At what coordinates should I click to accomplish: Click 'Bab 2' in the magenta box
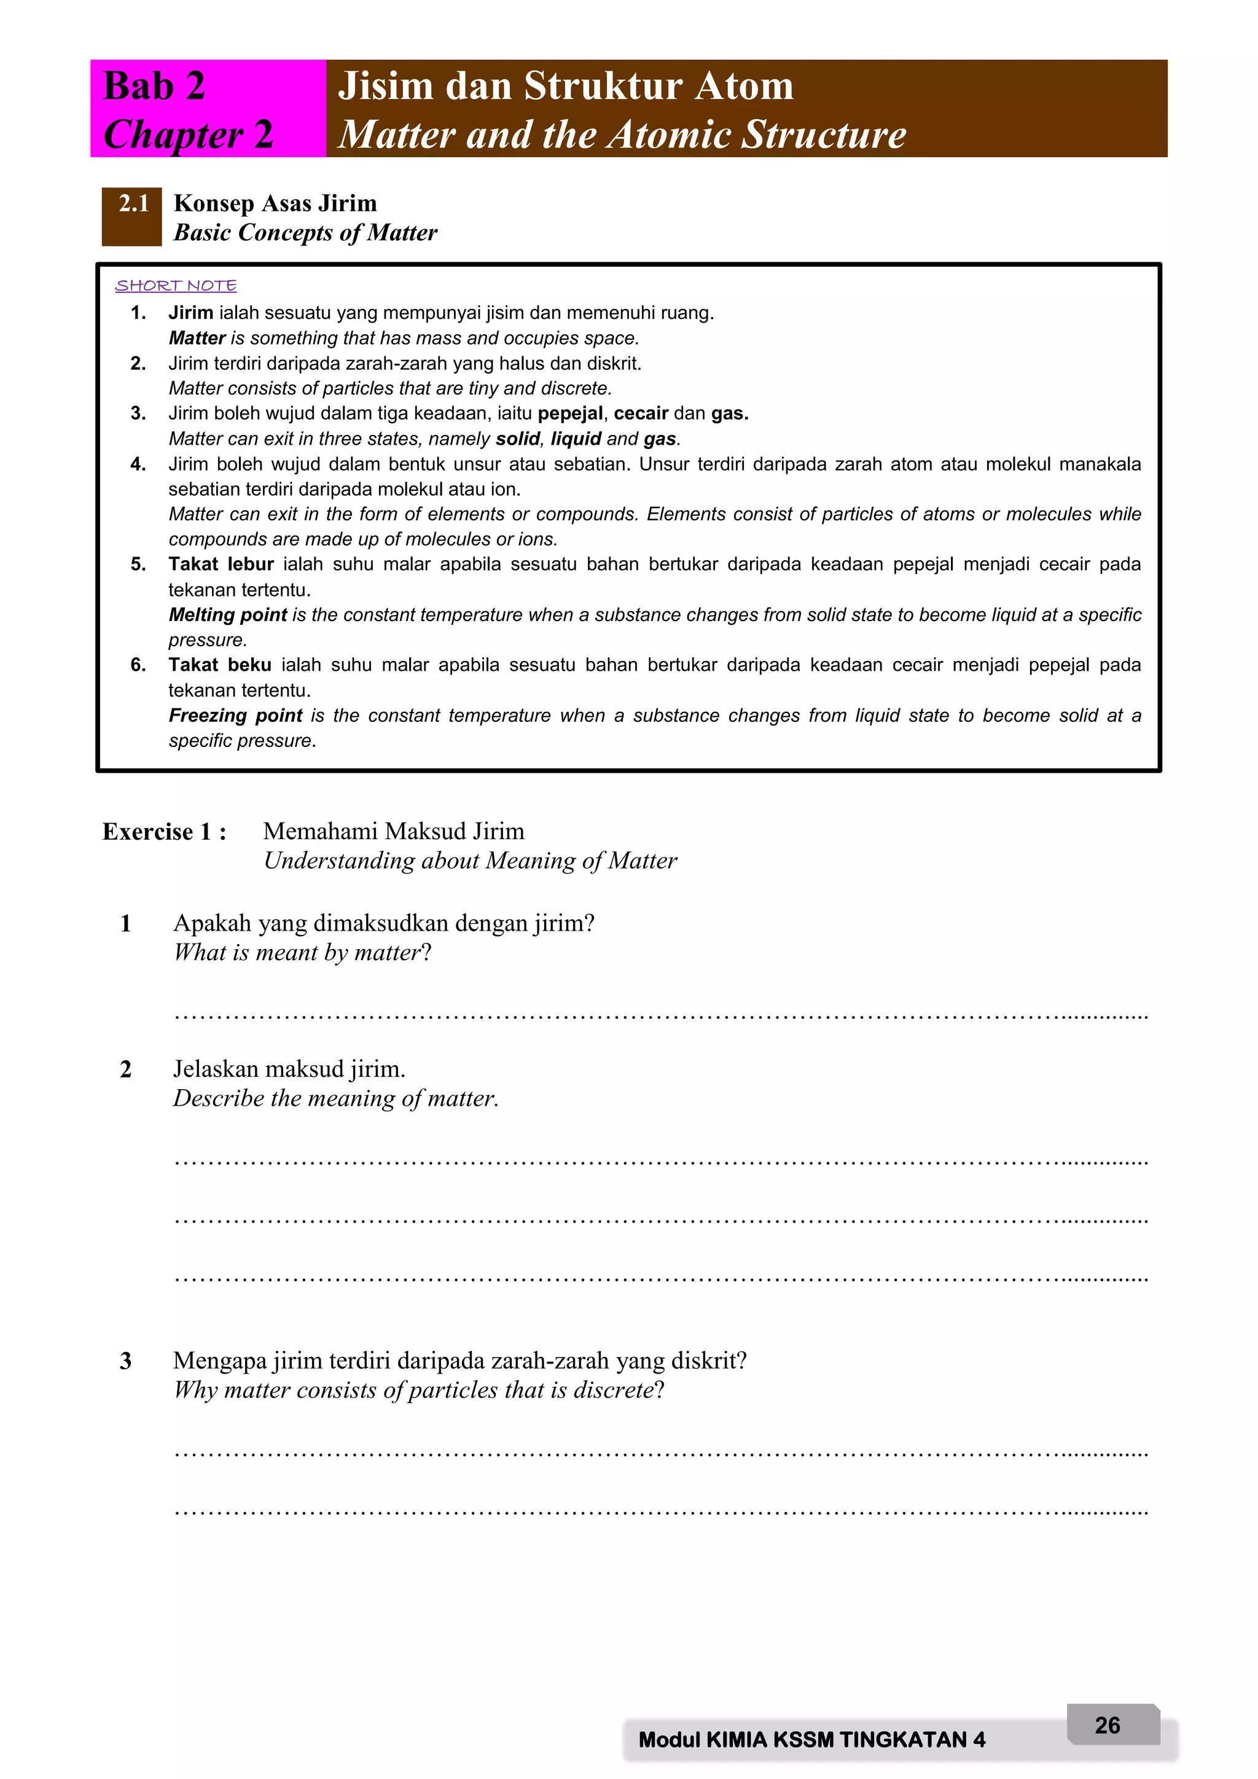coord(154,85)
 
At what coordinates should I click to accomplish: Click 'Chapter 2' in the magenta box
coord(188,134)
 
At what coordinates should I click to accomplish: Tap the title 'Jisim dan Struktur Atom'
coord(566,85)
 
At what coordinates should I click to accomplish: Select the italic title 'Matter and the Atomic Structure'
coord(622,134)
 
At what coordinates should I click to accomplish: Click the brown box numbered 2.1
coord(131,216)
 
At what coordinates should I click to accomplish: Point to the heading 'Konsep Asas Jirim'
coord(275,203)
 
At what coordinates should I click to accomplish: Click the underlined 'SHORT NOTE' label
coord(176,285)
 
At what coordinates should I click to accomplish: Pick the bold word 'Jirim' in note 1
coord(190,313)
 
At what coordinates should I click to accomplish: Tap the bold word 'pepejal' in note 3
coord(569,414)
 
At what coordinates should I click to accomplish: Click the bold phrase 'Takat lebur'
coord(221,564)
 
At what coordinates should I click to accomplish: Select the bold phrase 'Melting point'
coord(228,614)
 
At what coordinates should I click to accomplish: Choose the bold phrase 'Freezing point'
coord(235,715)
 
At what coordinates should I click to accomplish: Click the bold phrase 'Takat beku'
coord(220,665)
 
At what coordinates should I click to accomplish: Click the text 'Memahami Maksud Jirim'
coord(394,831)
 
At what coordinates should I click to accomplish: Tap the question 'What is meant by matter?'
coord(302,952)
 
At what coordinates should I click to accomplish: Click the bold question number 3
coord(125,1361)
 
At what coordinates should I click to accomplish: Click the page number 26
coord(1107,1725)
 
